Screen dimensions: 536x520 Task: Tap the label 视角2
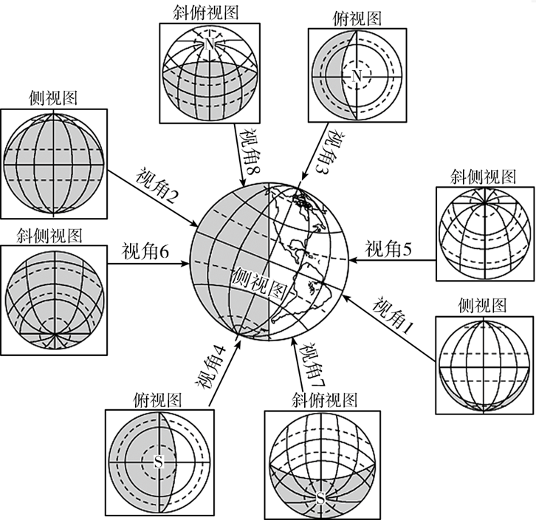click(x=157, y=187)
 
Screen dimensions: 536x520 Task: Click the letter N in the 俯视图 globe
click(x=357, y=76)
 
